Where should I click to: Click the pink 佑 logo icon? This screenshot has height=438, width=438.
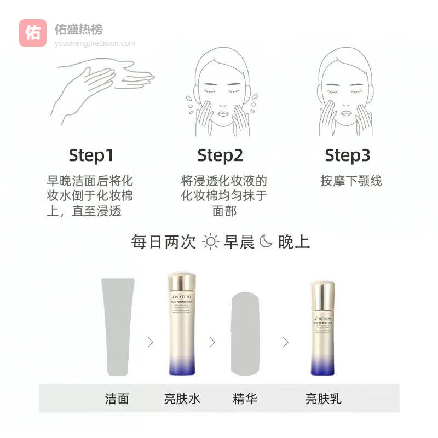pos(33,33)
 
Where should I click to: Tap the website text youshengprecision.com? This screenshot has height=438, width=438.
pos(95,43)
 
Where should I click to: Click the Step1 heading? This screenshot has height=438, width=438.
pos(91,155)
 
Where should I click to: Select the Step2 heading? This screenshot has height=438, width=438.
pos(220,155)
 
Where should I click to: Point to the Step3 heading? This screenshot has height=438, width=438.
pos(348,155)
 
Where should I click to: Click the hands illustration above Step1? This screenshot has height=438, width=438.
pos(104,88)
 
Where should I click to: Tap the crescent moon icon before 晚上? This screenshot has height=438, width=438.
pos(266,241)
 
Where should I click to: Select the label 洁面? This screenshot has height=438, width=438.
pos(117,398)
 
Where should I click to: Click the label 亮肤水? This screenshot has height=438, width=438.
pos(182,398)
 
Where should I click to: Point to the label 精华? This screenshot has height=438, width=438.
pos(245,398)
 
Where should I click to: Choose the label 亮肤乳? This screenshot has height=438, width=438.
pos(323,398)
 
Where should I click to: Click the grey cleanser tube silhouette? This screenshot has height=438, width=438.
pos(117,326)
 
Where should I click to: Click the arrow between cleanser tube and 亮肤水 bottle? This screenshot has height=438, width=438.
pos(150,342)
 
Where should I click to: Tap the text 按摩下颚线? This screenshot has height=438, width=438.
pos(351,181)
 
